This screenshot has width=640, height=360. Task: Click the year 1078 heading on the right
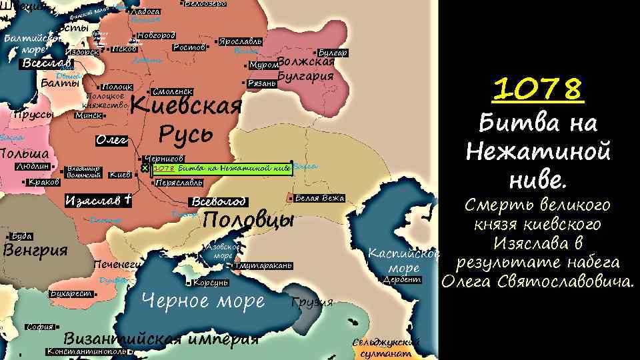tap(538, 90)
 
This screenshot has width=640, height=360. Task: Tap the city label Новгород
tap(155, 35)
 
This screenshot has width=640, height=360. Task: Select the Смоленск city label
tap(172, 91)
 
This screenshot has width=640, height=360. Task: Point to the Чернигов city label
tap(163, 159)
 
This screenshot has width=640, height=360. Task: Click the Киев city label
tap(120, 175)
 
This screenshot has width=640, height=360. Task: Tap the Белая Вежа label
tap(319, 198)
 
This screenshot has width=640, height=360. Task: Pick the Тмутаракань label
tap(263, 265)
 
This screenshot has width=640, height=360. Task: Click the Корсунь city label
tap(212, 283)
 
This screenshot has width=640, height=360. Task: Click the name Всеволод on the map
tap(218, 201)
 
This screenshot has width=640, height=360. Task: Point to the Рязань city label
tap(261, 83)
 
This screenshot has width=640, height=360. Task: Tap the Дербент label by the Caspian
tap(403, 279)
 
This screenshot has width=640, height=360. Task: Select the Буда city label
tap(22, 236)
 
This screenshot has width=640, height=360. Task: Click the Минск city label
tap(88, 115)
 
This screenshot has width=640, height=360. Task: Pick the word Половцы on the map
tap(248, 220)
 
